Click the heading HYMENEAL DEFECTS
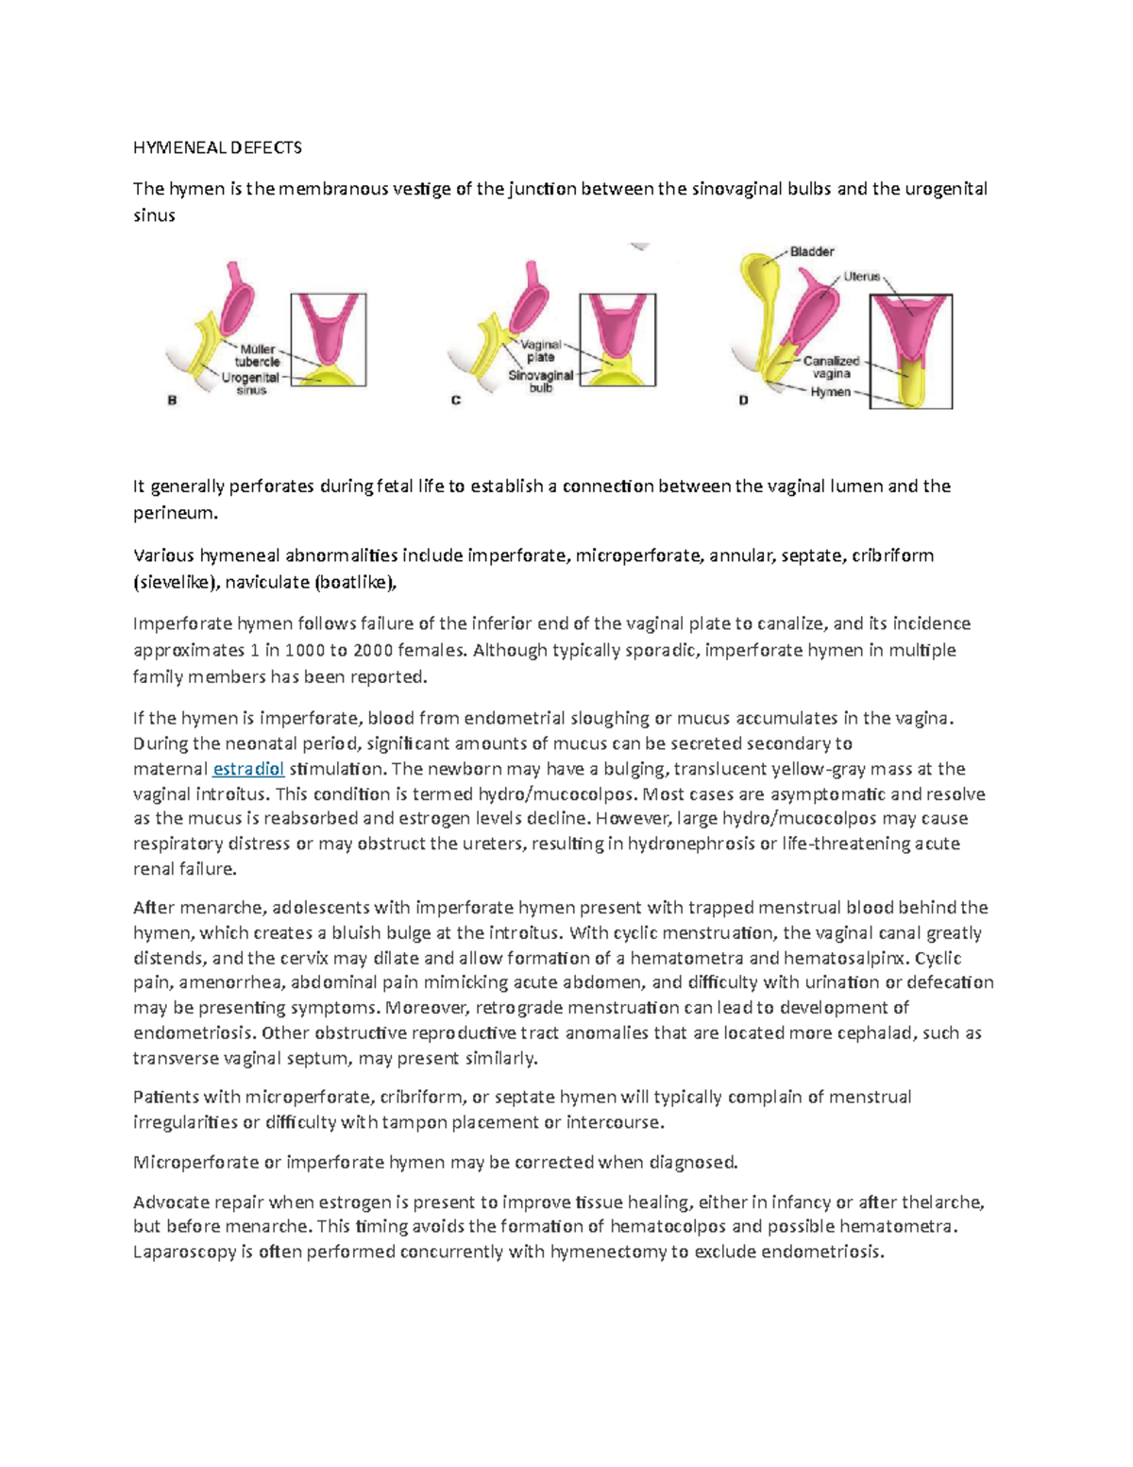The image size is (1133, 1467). pyautogui.click(x=217, y=147)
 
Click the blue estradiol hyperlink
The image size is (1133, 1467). pyautogui.click(x=248, y=769)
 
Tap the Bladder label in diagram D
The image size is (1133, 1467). pyautogui.click(x=812, y=251)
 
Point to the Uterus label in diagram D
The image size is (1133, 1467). pyautogui.click(x=861, y=277)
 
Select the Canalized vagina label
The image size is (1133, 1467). pyautogui.click(x=832, y=367)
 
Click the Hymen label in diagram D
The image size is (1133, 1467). pyautogui.click(x=830, y=392)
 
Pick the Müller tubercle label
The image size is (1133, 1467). pyautogui.click(x=258, y=355)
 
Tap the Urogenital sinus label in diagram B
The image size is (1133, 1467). pyautogui.click(x=251, y=384)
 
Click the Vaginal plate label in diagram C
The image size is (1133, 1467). pyautogui.click(x=541, y=350)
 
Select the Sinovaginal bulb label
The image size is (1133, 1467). pyautogui.click(x=540, y=381)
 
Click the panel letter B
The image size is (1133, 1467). pyautogui.click(x=172, y=401)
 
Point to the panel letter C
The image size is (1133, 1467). pyautogui.click(x=456, y=401)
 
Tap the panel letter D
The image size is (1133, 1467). pyautogui.click(x=743, y=401)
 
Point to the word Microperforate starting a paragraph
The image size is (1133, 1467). pyautogui.click(x=195, y=1162)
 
